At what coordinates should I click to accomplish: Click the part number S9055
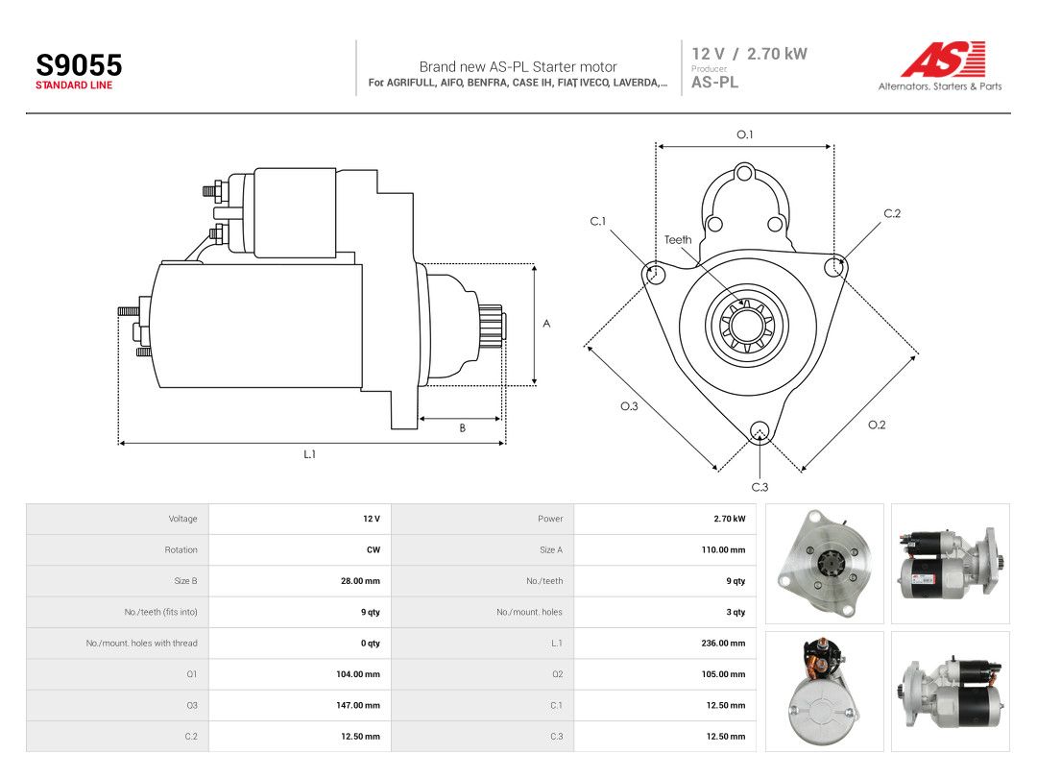coord(79,65)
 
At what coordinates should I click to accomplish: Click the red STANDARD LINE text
coord(74,85)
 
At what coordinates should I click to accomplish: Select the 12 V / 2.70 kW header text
coord(749,54)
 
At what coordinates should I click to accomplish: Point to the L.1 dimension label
coord(309,454)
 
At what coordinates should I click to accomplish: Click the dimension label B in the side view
coord(462,428)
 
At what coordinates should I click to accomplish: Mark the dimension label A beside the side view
coord(546,324)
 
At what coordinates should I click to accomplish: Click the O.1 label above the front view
coord(745,134)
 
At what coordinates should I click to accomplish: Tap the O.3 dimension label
coord(629,406)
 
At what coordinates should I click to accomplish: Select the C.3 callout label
coord(760,487)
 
